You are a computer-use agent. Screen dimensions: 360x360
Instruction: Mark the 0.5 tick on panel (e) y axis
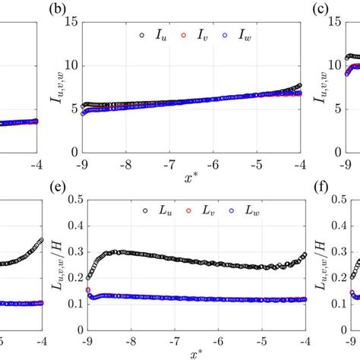(x=66, y=200)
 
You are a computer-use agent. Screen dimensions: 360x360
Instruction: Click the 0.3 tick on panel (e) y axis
(x=66, y=253)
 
